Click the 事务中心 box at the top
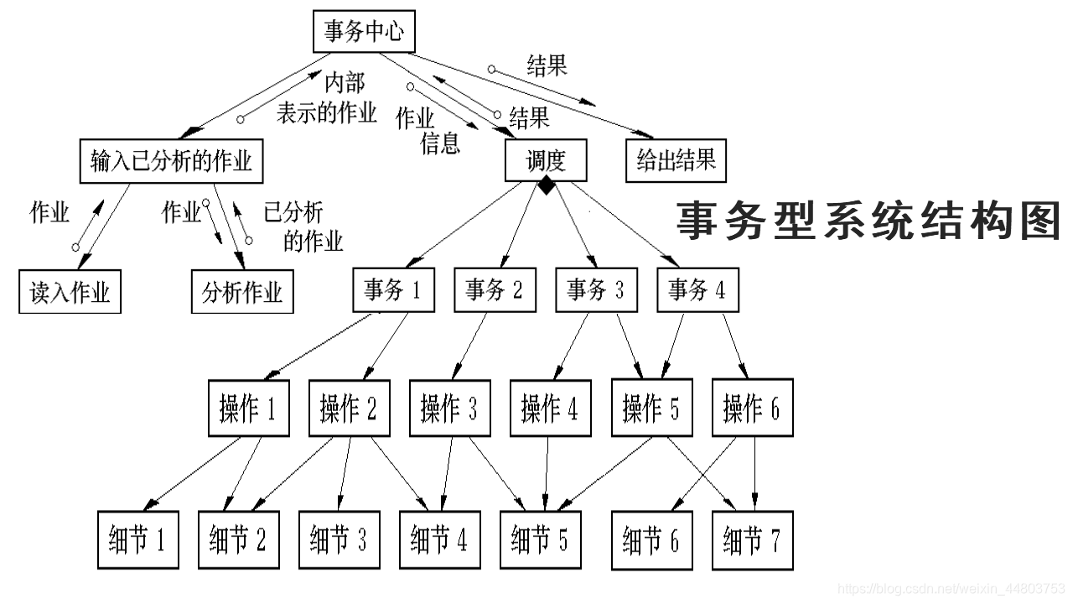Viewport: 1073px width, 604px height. click(364, 33)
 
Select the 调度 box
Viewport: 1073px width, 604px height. click(546, 160)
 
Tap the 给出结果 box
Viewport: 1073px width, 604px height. click(676, 160)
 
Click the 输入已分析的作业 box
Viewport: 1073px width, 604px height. click(171, 159)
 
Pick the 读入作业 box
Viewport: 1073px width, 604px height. click(70, 292)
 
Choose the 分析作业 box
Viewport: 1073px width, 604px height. click(242, 292)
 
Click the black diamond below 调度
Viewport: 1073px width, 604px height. click(546, 186)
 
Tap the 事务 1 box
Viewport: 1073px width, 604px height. click(393, 290)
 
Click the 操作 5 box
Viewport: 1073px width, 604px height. click(651, 409)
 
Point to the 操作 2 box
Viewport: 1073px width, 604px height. click(349, 409)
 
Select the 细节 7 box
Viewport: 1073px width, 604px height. click(752, 539)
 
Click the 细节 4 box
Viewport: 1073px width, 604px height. click(439, 539)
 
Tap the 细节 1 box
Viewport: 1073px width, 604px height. click(137, 539)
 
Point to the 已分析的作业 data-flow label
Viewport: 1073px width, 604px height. click(302, 226)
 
